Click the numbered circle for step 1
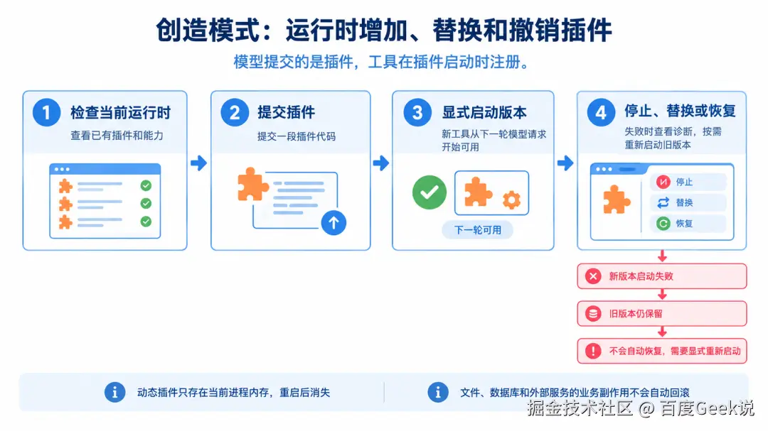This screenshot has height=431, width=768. point(46,112)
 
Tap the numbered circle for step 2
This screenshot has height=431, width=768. point(235,112)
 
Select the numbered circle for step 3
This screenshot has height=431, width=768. point(417,112)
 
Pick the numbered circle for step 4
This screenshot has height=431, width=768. point(601,112)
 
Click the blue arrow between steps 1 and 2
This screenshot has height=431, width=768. point(199,163)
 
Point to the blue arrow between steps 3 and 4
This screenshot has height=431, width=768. point(565,163)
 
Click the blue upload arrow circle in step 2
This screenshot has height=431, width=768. point(334,222)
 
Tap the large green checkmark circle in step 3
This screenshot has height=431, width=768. point(430,192)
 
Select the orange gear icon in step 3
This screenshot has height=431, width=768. point(512,200)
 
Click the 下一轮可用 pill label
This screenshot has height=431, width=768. point(478,230)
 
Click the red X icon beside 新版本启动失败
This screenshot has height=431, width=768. point(593,276)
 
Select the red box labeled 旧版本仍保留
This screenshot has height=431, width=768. point(662,314)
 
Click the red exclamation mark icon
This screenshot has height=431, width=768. point(593,351)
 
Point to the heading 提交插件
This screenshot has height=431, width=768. point(287,112)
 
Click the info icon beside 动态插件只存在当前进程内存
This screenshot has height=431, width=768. point(114,393)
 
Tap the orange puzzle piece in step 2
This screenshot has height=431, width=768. point(252,185)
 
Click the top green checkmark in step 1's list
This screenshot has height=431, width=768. point(146,185)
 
